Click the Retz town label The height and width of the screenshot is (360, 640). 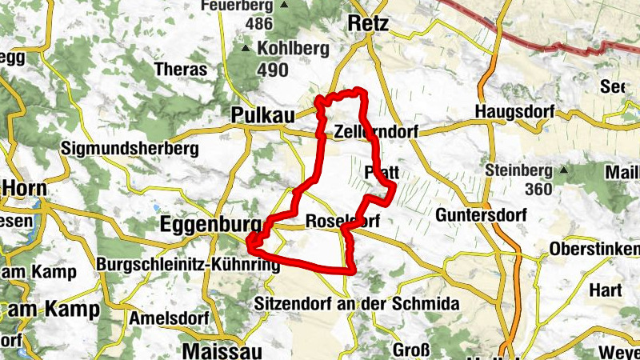(x=369, y=24)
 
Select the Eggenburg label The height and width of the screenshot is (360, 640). (x=211, y=223)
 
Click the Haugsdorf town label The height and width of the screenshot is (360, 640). (x=514, y=111)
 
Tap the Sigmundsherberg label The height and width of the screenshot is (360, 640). (x=129, y=149)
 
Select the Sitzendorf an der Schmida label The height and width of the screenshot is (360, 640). (x=355, y=304)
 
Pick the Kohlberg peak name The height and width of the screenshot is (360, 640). (x=293, y=49)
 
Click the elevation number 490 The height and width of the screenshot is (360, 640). (x=273, y=71)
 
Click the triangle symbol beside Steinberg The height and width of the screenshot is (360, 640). (x=565, y=170)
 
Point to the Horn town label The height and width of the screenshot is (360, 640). (x=24, y=188)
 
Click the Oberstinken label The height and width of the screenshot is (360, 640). (x=594, y=250)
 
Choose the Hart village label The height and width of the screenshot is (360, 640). (x=605, y=290)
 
